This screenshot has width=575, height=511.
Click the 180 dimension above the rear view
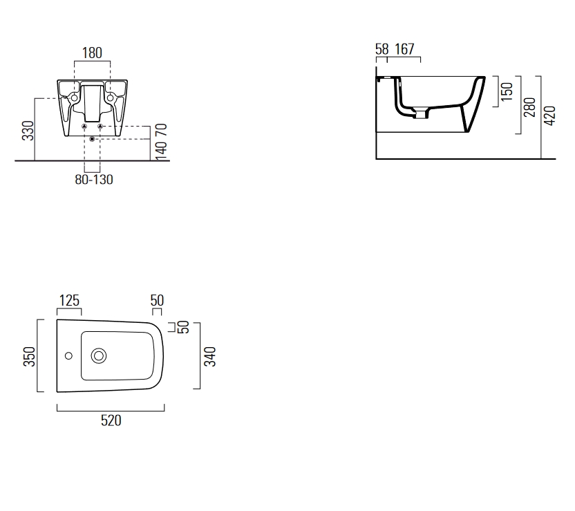point(92,53)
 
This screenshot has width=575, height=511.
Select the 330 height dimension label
point(28,131)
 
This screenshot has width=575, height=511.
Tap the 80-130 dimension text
point(94,180)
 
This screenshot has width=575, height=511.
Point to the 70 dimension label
point(161,130)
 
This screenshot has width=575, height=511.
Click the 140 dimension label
point(161,150)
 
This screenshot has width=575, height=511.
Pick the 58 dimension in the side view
point(381,49)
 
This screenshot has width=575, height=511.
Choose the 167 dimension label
point(404,49)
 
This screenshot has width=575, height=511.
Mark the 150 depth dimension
point(507,92)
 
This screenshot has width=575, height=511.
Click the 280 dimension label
point(530,107)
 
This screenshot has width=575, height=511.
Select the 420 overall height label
point(549,115)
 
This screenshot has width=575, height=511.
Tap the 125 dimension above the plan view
point(69,300)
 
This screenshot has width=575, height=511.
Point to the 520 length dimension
point(111,420)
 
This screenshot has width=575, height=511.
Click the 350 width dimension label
point(29,357)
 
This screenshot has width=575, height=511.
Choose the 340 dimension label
point(210,357)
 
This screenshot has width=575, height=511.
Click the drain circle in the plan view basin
point(99,356)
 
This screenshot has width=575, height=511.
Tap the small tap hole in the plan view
point(68,355)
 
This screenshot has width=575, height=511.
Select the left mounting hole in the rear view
point(75,98)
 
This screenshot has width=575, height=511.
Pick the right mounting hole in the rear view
point(110,98)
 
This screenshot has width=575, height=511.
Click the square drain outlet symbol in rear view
point(92,139)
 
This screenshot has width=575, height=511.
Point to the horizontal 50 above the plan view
point(157,300)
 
